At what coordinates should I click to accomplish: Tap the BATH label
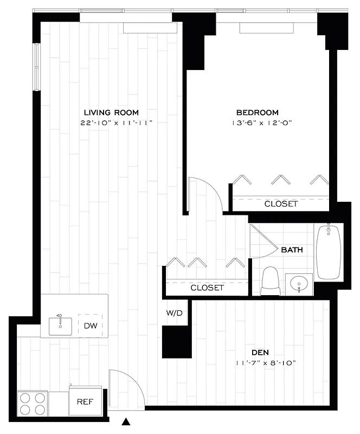[291, 250]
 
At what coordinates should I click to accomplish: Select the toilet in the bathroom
[269, 282]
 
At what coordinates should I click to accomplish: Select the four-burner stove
[32, 403]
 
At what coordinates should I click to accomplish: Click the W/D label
[174, 313]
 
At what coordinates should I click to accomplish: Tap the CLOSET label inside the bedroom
[281, 204]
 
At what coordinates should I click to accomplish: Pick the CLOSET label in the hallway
[207, 288]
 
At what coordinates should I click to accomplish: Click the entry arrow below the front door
[127, 421]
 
